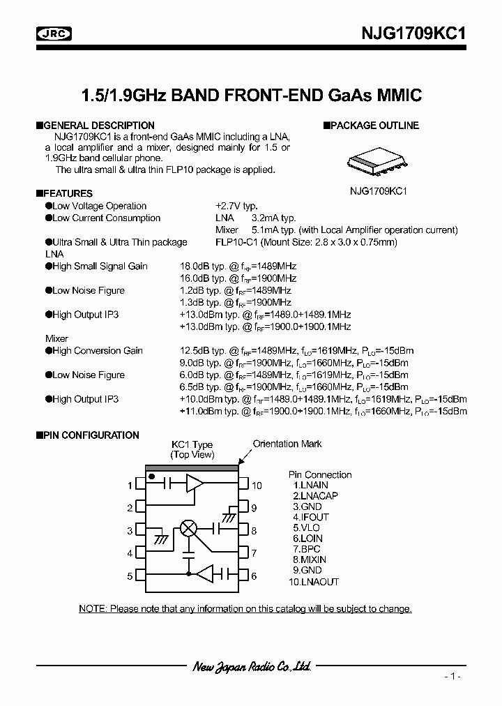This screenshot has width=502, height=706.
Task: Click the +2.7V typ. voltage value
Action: (x=236, y=206)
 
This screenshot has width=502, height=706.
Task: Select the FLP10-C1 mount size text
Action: (x=306, y=242)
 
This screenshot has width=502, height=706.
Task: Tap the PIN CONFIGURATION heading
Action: (x=91, y=435)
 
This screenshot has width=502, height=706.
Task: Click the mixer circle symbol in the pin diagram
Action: (x=188, y=528)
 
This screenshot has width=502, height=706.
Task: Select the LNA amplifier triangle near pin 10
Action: (x=195, y=482)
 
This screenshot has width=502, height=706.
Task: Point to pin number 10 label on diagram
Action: (x=257, y=486)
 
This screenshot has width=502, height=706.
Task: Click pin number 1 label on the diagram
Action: (x=130, y=486)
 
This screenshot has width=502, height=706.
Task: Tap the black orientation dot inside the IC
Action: (x=151, y=476)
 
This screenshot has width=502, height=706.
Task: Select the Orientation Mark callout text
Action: (x=287, y=444)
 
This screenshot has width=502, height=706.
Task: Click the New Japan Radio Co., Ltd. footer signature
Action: (x=251, y=667)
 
